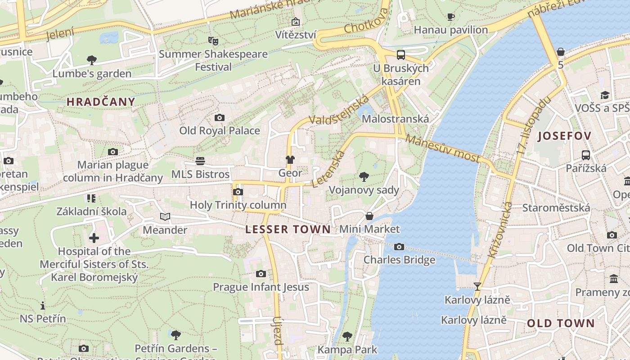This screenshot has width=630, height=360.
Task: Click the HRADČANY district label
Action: [101, 102]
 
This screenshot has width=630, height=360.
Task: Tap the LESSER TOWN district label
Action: [288, 229]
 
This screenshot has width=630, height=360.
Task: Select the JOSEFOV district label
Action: [564, 136]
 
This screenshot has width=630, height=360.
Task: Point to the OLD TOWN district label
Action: [561, 323]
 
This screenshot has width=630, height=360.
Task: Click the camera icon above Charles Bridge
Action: [399, 247]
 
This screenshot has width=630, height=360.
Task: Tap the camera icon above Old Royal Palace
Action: [219, 118]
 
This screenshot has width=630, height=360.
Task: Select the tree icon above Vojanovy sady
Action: [364, 177]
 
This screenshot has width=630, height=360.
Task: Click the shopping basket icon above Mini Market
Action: [369, 216]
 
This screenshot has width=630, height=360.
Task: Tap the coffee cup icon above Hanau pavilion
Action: [450, 17]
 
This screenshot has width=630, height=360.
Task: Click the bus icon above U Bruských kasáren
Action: [400, 55]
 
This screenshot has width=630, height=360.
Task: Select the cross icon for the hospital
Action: [94, 238]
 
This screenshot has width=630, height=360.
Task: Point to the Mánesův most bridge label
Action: [443, 148]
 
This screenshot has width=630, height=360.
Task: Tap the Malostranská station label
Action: [395, 119]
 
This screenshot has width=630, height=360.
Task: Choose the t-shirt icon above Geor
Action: [290, 160]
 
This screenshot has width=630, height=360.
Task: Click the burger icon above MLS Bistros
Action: [200, 161]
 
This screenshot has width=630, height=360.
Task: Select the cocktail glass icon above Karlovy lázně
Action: [477, 286]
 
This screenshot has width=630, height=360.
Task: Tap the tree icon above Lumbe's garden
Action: [92, 60]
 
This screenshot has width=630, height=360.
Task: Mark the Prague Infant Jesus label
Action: [261, 287]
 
